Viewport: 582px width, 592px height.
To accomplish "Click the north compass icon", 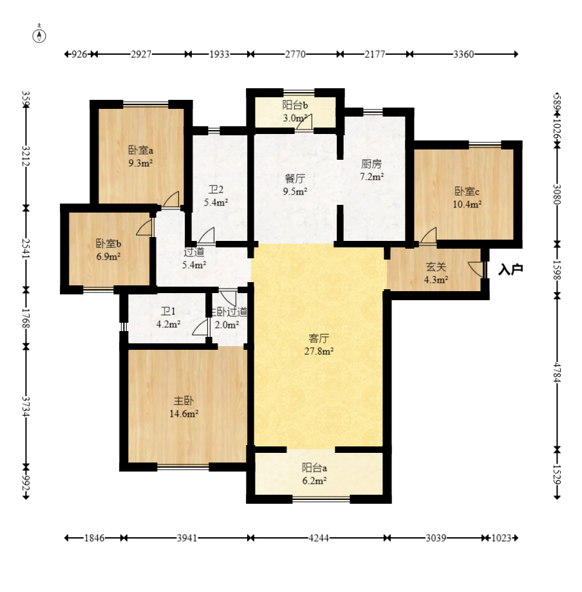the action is pos(39,35).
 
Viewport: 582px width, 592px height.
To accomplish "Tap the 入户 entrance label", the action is pos(511,269).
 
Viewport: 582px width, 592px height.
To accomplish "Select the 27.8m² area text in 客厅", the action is pos(319,351).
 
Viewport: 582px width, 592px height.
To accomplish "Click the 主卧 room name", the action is pos(184,401).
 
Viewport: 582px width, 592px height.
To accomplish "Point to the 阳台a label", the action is pos(314,468).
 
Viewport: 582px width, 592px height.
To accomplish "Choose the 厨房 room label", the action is pos(371,164).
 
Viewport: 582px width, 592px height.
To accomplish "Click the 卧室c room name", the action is pos(467,191).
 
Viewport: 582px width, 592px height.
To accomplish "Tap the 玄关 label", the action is pos(436,267).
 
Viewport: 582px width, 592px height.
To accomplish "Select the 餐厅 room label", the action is pos(295,178).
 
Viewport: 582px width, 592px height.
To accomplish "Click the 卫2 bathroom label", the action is pos(216,189).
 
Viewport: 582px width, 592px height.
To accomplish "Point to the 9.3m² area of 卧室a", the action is pos(140,163).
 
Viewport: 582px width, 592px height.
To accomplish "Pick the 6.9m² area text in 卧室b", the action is pos(108,257).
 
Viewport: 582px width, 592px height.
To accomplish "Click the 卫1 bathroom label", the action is pos(168,312).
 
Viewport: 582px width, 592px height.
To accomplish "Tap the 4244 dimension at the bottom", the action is pos(319,538).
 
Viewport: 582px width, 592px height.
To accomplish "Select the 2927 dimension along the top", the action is pos(141,54).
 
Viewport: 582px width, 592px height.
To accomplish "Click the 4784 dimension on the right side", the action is pos(557,372).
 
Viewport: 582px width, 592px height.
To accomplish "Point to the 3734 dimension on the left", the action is pos(26,406).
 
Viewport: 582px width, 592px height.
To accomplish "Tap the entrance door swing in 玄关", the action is pos(476,269).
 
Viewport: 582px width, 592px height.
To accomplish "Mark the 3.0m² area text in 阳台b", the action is pos(295,118).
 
